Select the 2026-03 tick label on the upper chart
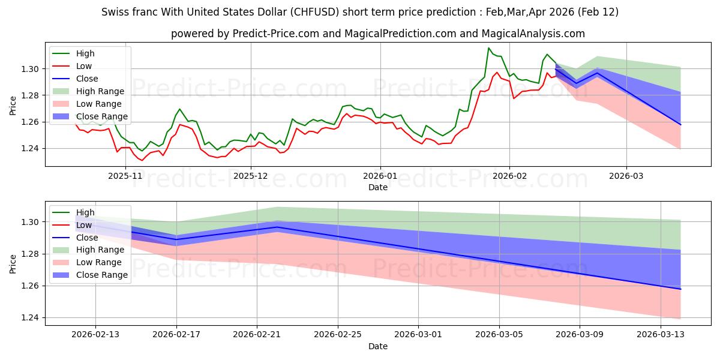click(626, 176)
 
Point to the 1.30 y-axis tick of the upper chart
click(30, 70)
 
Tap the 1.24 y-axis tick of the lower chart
click(30, 318)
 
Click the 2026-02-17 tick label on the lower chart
click(176, 335)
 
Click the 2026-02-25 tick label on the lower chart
click(338, 335)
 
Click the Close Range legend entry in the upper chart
click(101, 116)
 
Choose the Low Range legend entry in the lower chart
click(100, 263)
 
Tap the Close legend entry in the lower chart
click(87, 238)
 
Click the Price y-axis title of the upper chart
click(13, 106)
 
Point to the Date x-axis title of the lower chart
click(378, 346)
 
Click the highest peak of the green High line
click(489, 48)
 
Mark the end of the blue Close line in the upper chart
click(680, 125)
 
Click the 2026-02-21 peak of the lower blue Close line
click(277, 227)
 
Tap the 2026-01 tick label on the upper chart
click(380, 176)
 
